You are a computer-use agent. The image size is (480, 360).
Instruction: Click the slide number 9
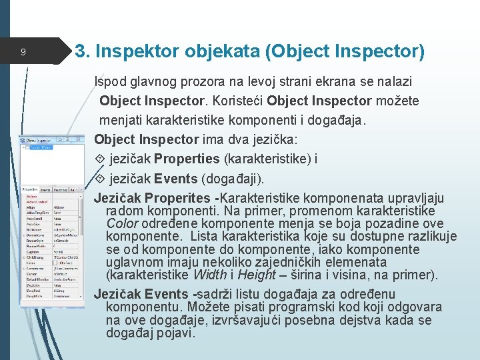pyautogui.click(x=23, y=52)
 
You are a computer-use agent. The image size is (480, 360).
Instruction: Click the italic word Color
pyautogui.click(x=122, y=223)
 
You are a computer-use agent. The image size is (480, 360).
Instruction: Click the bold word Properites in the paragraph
pyautogui.click(x=177, y=198)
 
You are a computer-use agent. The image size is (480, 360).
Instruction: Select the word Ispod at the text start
pyautogui.click(x=110, y=81)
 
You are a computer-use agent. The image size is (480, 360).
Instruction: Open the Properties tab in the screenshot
pyautogui.click(x=30, y=190)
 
